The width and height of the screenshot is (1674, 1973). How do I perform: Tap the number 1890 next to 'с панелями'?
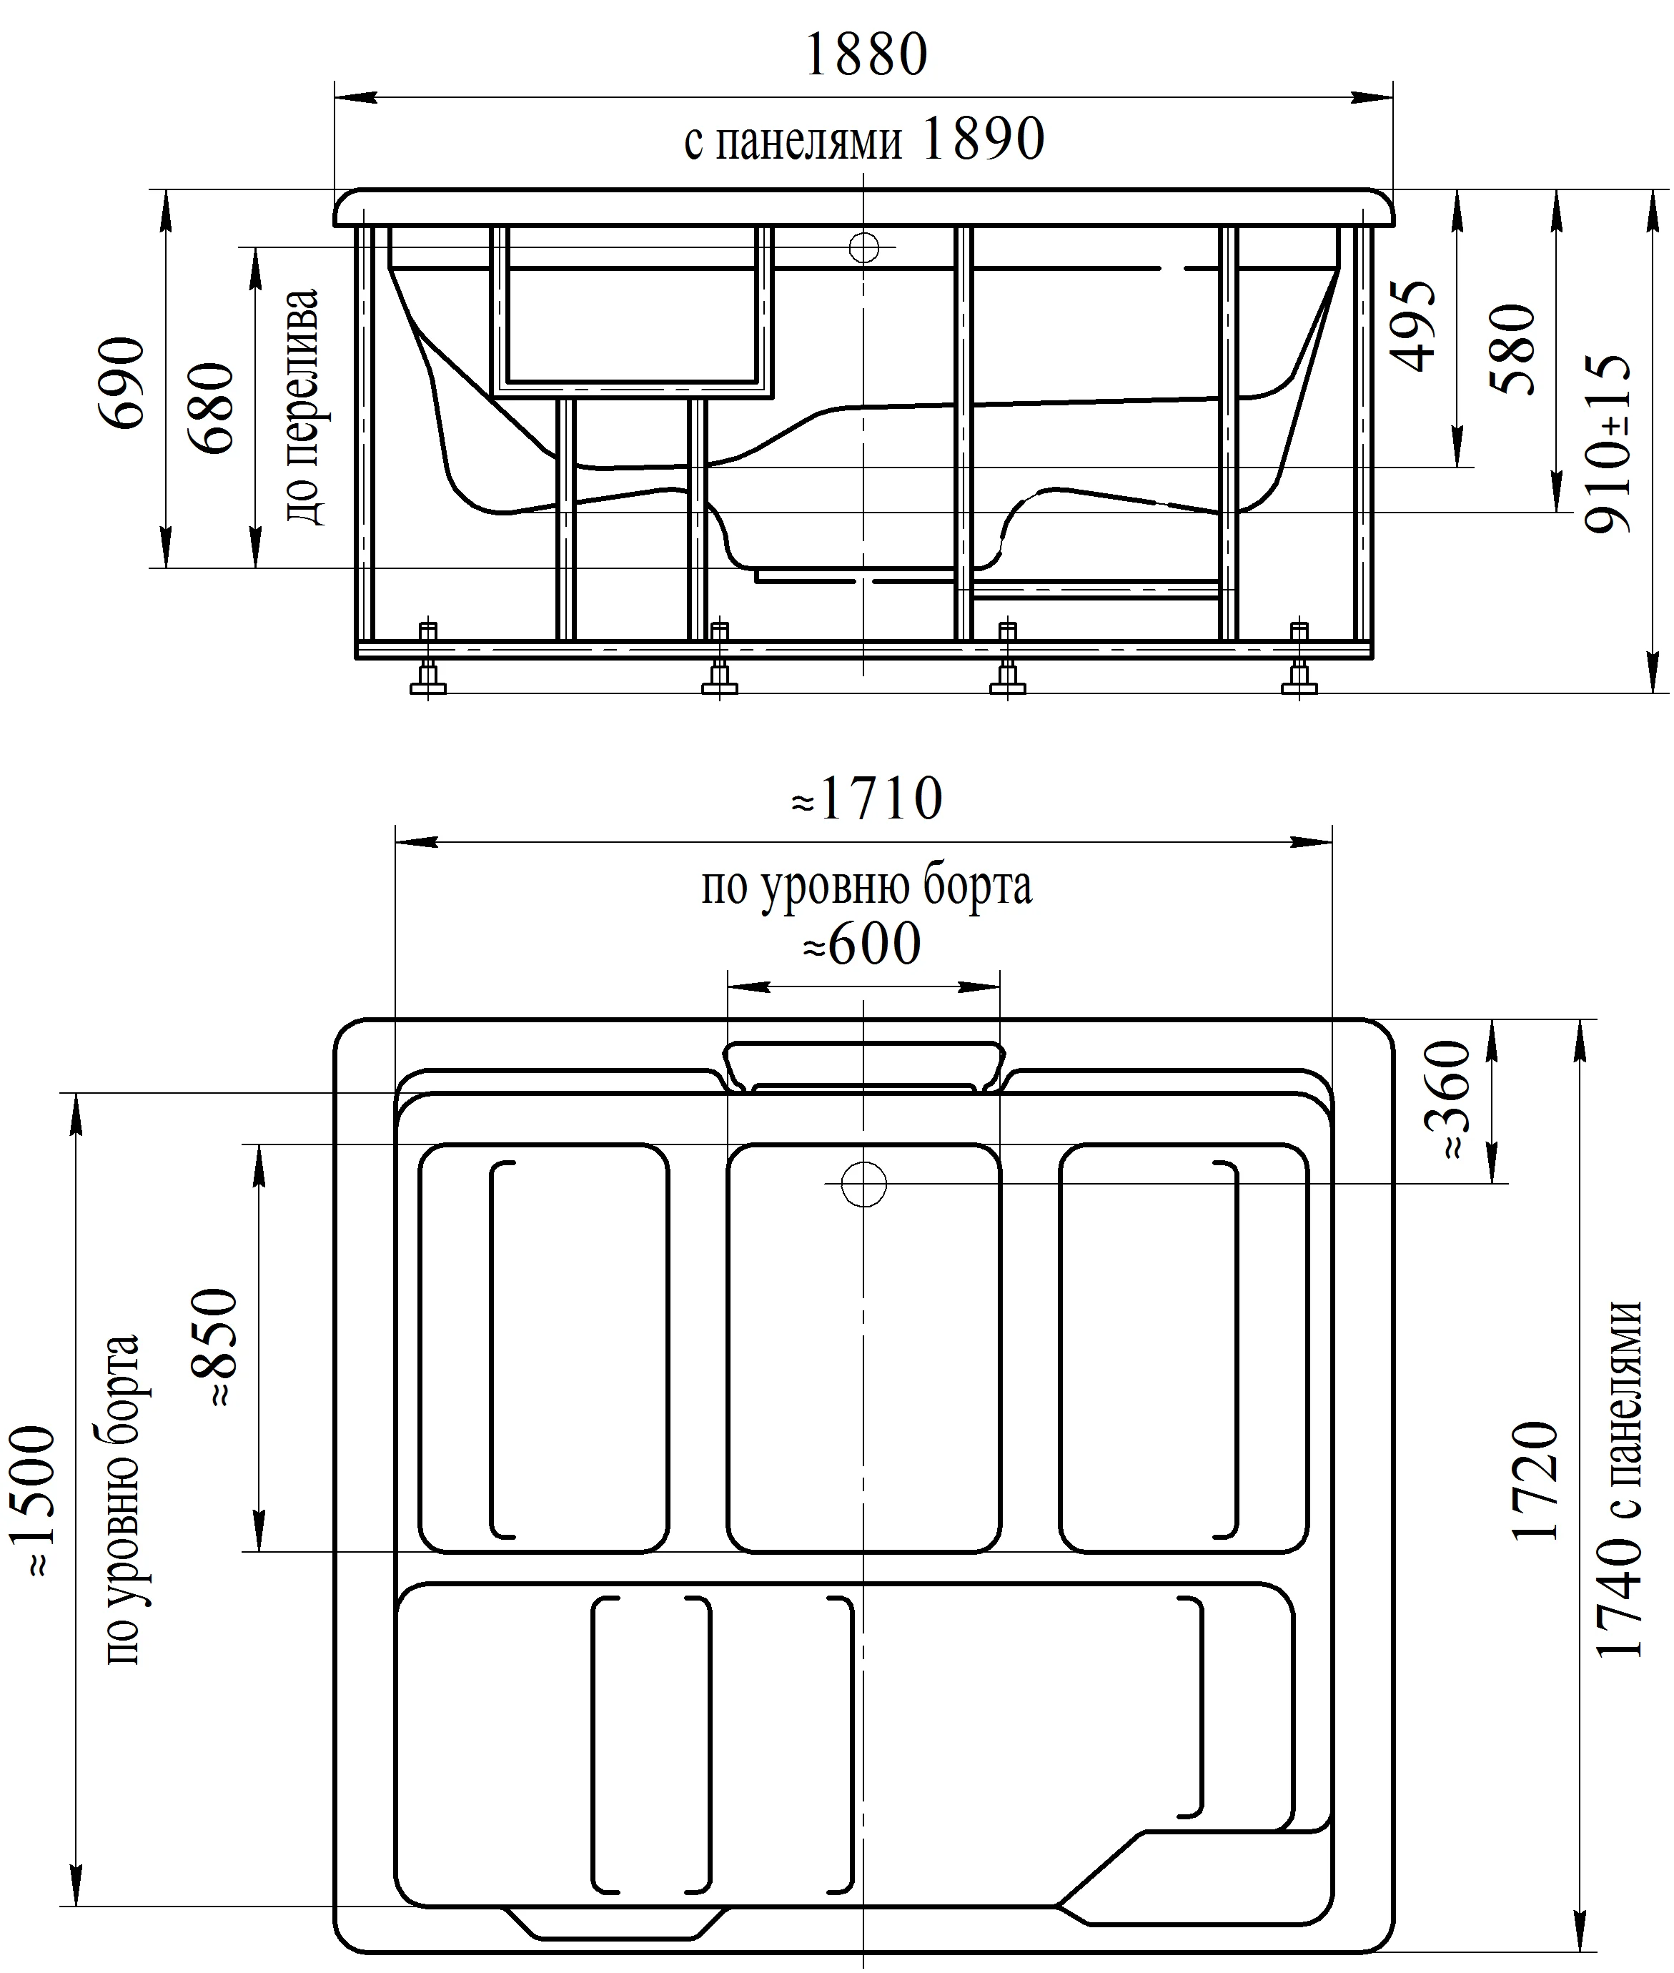982,139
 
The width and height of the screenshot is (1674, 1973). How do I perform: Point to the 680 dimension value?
211,408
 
